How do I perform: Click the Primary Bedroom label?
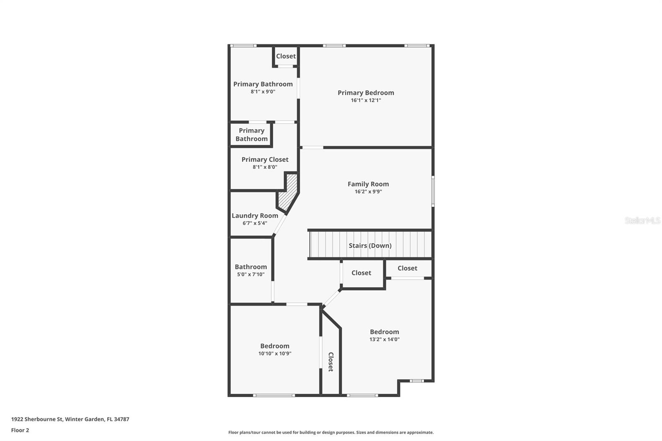click(366, 93)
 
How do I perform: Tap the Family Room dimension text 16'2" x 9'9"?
click(368, 192)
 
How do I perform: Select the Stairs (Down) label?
click(370, 245)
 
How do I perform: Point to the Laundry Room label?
click(255, 216)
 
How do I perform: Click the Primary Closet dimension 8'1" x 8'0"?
click(265, 167)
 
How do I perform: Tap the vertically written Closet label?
click(331, 362)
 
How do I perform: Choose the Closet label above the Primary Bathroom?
click(286, 56)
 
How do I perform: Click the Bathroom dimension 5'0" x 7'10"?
click(251, 274)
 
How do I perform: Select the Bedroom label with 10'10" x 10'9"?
click(275, 346)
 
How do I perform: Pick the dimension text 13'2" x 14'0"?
click(384, 339)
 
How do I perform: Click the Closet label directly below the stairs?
click(361, 273)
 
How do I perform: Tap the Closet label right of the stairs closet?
click(407, 268)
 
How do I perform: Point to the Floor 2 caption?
click(20, 430)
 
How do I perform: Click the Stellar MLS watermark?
click(642, 220)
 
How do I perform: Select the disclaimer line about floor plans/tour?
click(331, 432)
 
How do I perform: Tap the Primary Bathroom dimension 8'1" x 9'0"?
click(263, 92)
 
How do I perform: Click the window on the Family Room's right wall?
click(433, 191)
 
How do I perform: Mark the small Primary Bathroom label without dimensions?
click(252, 135)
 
